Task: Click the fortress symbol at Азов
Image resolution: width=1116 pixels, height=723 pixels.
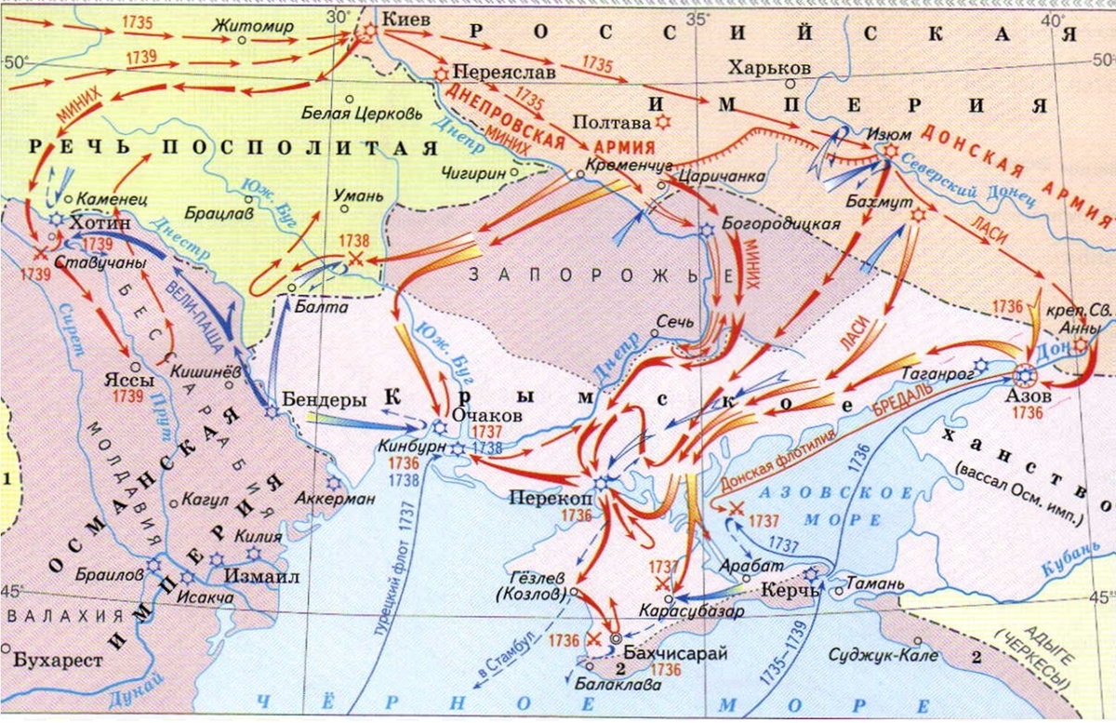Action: (x=1024, y=376)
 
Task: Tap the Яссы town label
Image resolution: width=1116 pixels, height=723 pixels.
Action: (x=122, y=381)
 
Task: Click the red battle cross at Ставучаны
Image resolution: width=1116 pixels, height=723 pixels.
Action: (x=41, y=253)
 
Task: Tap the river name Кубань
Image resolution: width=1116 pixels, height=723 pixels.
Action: (x=1069, y=561)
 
